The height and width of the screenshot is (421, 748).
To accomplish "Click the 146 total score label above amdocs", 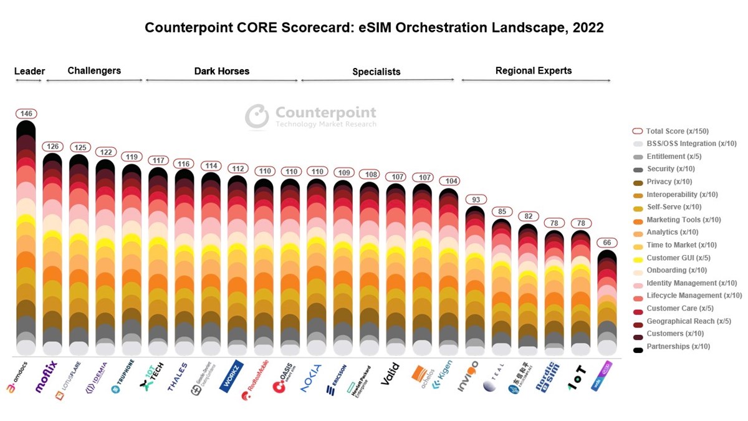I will coord(26,114).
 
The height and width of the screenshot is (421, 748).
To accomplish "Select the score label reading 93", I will coord(476,200).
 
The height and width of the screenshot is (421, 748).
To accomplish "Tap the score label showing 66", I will coord(607,243).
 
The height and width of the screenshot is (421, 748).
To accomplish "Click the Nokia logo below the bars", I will coord(311,378).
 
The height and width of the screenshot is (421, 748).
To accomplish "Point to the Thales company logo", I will coord(177,377).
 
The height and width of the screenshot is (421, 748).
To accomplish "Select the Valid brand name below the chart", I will coord(390,374).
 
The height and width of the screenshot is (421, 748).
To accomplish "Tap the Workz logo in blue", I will coord(230,376).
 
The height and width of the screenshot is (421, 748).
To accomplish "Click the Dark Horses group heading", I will coord(221,71).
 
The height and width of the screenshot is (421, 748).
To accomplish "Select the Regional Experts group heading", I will coord(533,70).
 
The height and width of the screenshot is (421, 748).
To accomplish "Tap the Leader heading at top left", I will coord(29,71).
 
